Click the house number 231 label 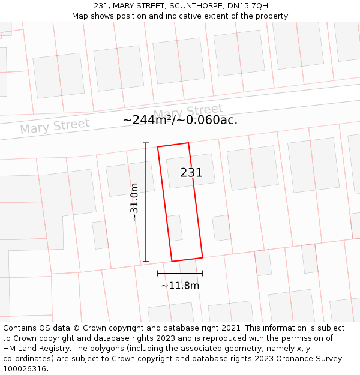[x=191, y=173]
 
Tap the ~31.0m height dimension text [x=134, y=202]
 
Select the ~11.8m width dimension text [x=180, y=286]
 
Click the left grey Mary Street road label [x=55, y=127]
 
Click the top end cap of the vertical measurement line [x=146, y=143]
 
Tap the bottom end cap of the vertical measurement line [x=146, y=262]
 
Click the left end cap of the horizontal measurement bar [x=158, y=273]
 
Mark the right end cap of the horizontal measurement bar [x=202, y=273]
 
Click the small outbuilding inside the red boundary [x=174, y=228]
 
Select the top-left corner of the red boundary [x=158, y=147]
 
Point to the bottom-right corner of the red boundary [x=202, y=257]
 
